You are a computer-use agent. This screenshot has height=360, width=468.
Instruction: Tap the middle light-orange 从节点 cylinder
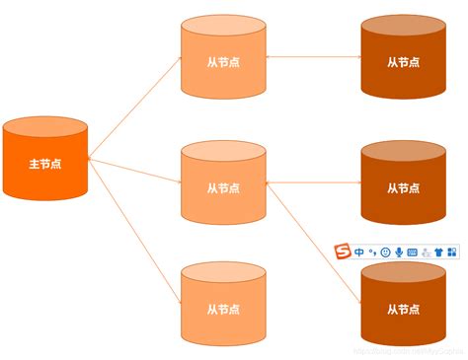[223, 182]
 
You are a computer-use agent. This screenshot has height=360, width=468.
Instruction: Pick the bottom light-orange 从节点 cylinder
[223, 301]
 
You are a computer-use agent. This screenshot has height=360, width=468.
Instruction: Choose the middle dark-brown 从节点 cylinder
[402, 182]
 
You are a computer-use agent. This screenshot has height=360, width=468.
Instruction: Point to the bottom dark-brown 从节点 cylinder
[402, 306]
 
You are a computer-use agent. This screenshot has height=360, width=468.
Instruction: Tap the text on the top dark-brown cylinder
[402, 61]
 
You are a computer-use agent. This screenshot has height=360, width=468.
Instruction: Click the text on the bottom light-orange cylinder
[223, 307]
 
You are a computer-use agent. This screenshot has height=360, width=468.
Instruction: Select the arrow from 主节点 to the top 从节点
[134, 108]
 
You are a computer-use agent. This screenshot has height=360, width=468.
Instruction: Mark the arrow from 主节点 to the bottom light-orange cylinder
[134, 226]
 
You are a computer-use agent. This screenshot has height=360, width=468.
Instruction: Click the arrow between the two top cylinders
[313, 58]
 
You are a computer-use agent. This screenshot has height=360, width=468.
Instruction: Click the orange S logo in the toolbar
[344, 252]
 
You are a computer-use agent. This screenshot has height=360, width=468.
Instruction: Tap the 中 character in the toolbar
[359, 252]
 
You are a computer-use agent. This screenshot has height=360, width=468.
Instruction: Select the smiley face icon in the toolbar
[385, 252]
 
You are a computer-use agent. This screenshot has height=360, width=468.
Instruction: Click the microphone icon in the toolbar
[398, 252]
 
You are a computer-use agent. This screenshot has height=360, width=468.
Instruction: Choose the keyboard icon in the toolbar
[412, 252]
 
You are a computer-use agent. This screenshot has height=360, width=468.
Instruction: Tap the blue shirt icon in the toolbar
[438, 252]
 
